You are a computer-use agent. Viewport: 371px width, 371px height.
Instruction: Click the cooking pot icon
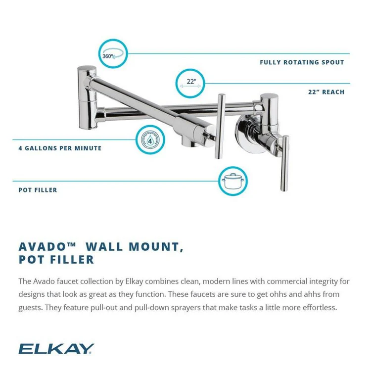232,181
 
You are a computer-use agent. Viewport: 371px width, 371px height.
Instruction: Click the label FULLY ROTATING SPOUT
302,62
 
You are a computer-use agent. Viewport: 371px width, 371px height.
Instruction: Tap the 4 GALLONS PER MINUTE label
60,148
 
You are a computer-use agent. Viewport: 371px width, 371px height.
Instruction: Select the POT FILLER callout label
38,189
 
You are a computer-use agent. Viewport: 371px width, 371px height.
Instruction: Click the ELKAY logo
55,349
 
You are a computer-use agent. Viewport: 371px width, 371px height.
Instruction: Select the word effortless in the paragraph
314,307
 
